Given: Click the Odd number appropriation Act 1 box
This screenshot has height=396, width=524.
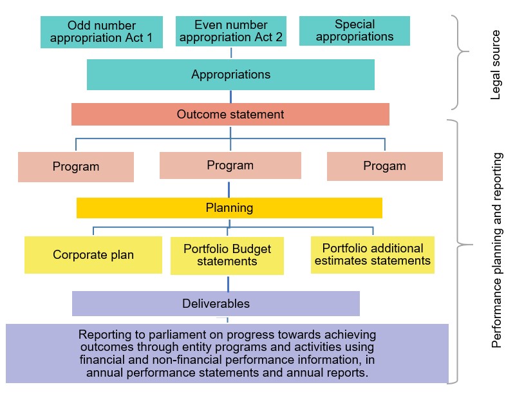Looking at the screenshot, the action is tap(102, 32).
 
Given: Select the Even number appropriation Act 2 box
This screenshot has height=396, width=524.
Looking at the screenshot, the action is tap(231, 31).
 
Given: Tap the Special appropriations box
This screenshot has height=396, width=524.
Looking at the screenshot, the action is tap(355, 31).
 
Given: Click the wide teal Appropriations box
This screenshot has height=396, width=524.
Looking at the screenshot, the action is tap(230, 75).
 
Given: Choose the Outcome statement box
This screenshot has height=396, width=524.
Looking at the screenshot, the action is tap(230, 114).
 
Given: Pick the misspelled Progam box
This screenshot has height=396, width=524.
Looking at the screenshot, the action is tap(385, 166).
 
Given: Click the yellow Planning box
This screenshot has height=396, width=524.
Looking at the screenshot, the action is tap(229, 208).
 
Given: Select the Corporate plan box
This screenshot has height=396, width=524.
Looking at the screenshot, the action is tap(93, 255).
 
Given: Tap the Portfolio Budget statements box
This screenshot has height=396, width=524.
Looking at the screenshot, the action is tap(227, 256).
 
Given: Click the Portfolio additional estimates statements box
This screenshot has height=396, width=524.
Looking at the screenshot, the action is tap(373, 255).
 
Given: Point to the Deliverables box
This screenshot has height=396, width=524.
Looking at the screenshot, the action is tap(216, 303).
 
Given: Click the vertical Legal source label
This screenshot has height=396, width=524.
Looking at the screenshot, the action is tap(495, 65).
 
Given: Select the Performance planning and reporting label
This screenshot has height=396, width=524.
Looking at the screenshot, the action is tap(496, 250).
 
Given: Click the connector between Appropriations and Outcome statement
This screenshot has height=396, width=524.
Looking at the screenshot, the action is tap(230, 97).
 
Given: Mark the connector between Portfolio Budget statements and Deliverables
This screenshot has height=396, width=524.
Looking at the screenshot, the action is tap(229, 284).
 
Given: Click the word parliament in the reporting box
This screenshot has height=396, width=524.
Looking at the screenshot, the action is tap(178, 335).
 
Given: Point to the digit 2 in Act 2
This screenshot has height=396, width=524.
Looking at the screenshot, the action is tap(279, 37).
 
